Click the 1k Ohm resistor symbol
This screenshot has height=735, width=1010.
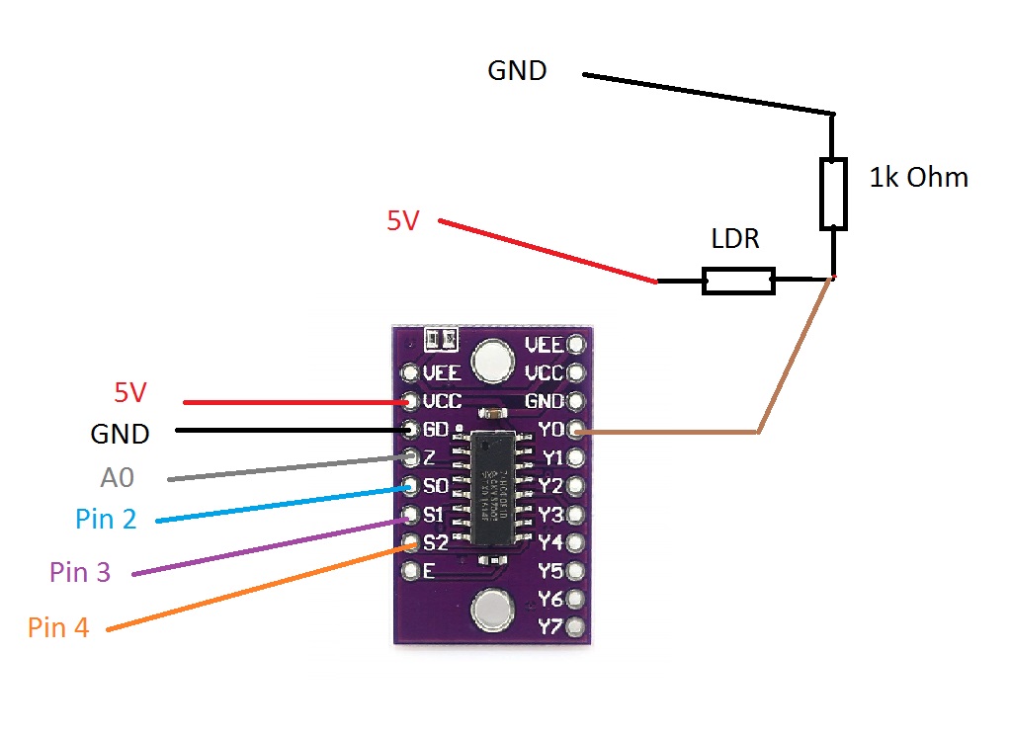833,194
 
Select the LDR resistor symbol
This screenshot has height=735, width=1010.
738,281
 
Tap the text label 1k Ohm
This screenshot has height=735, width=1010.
918,178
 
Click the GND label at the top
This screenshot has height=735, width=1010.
517,71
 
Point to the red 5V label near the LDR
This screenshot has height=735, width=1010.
403,221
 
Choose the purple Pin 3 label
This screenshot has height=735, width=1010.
79,572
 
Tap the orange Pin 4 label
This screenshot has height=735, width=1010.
58,627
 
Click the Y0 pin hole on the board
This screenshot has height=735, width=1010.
577,431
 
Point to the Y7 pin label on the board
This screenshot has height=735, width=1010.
550,626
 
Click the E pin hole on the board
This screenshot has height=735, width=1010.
410,571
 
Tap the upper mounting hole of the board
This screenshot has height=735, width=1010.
491,363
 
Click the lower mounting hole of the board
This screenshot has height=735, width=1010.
491,610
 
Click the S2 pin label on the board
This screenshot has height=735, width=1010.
435,542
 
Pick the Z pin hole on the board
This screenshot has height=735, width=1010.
410,457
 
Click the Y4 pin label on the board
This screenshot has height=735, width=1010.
550,542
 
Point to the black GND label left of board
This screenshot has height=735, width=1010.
120,434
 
